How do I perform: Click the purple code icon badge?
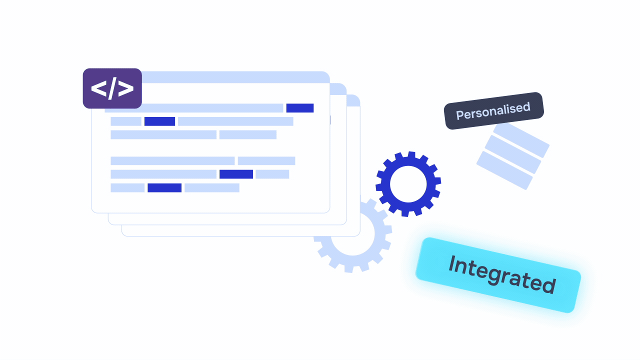click(x=112, y=88)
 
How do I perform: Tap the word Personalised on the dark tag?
click(x=493, y=110)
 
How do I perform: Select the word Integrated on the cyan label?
click(x=501, y=274)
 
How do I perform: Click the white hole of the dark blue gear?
click(x=408, y=184)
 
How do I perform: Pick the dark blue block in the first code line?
click(x=299, y=108)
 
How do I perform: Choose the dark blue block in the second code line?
click(x=159, y=121)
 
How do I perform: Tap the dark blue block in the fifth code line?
click(x=236, y=174)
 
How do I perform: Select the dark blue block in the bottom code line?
click(x=164, y=188)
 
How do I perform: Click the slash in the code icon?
click(x=112, y=88)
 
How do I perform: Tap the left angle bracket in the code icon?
click(x=98, y=88)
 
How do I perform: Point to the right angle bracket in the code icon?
click(x=126, y=88)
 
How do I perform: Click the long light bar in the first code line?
click(x=194, y=108)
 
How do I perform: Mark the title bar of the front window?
click(x=235, y=77)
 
